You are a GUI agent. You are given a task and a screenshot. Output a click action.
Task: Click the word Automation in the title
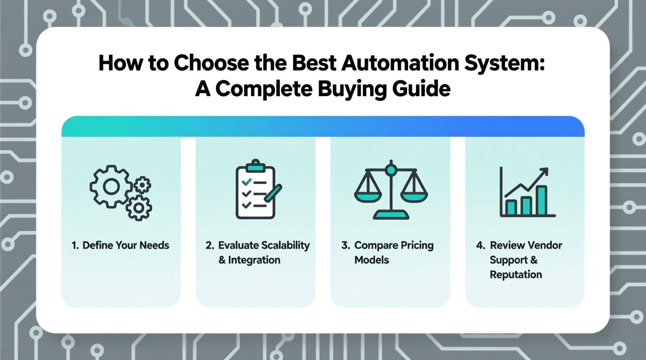pyautogui.click(x=400, y=63)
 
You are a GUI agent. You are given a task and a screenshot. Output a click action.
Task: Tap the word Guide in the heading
pyautogui.click(x=421, y=89)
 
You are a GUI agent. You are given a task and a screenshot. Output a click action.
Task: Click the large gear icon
pyautogui.click(x=111, y=187)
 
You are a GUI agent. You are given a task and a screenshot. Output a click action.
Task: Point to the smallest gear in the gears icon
pyautogui.click(x=142, y=185)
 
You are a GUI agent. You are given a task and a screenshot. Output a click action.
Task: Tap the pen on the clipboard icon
pyautogui.click(x=273, y=193)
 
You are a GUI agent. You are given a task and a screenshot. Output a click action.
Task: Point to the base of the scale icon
pyautogui.click(x=391, y=215)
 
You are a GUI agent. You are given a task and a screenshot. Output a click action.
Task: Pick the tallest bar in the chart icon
pyautogui.click(x=541, y=200)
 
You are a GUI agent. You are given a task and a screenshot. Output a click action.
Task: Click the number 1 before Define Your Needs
pyautogui.click(x=75, y=246)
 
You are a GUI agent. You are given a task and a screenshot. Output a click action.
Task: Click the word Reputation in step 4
pyautogui.click(x=516, y=275)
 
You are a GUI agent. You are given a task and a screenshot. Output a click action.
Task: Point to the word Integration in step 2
pyautogui.click(x=254, y=260)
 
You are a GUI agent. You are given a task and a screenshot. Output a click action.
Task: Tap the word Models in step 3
pyautogui.click(x=372, y=260)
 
